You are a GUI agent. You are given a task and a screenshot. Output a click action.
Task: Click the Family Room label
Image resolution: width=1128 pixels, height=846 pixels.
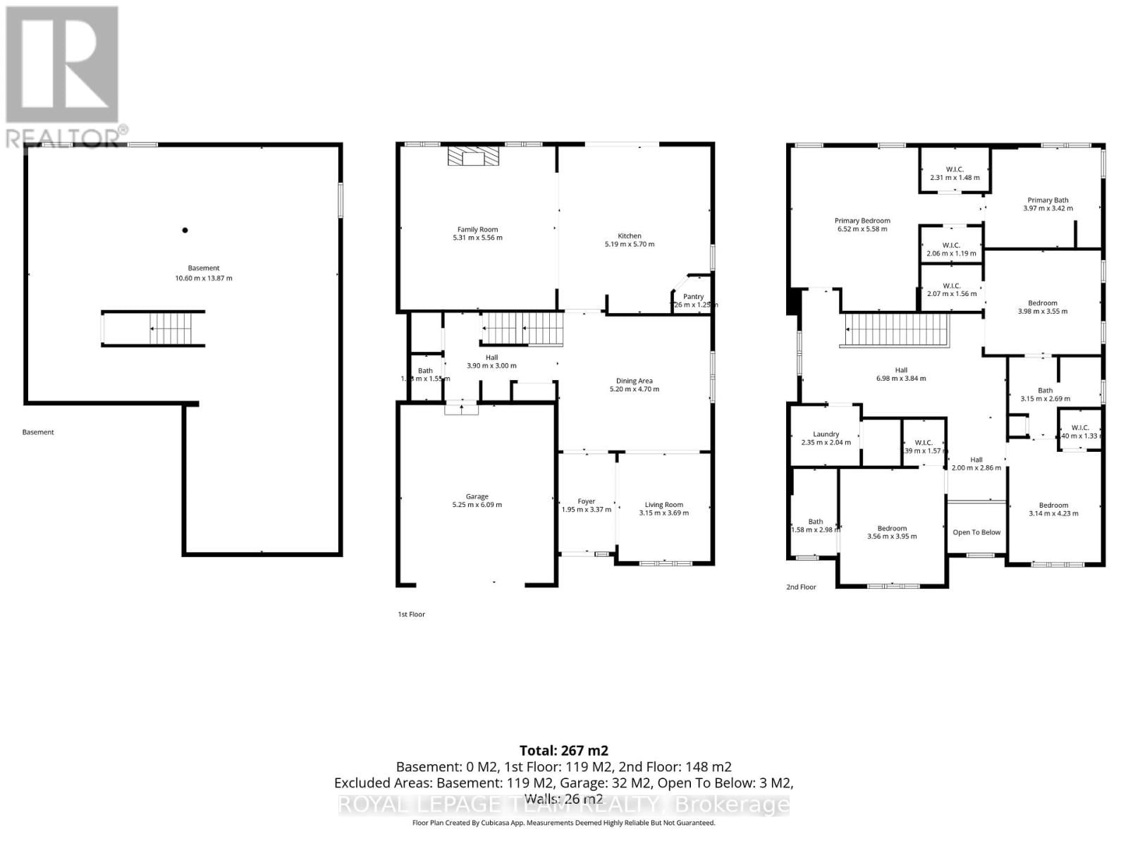click(x=477, y=229)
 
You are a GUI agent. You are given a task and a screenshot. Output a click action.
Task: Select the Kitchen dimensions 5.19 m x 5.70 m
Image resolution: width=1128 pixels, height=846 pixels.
click(x=629, y=245)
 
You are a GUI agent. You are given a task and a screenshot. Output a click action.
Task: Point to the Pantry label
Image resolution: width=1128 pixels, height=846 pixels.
click(x=693, y=297)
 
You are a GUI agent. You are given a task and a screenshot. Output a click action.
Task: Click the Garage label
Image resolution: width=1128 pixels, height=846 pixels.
click(x=477, y=496)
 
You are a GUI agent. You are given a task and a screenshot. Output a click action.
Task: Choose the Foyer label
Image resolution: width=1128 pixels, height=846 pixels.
click(x=586, y=501)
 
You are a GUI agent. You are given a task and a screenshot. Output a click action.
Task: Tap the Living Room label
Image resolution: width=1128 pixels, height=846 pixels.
click(x=663, y=505)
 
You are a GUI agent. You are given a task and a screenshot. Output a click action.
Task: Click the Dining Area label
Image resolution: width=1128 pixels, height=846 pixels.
click(x=634, y=381)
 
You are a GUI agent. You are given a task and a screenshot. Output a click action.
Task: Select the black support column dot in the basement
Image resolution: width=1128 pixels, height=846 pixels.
click(x=185, y=230)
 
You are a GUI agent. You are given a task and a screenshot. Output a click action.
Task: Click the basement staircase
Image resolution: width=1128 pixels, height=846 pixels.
click(x=170, y=329)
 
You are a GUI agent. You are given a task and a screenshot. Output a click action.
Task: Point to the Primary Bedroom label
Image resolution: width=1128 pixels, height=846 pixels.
click(x=862, y=221)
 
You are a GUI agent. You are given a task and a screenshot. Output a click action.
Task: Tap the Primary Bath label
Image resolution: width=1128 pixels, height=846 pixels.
click(x=1047, y=200)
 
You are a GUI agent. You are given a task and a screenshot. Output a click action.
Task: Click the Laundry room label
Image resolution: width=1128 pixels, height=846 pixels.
click(x=826, y=434)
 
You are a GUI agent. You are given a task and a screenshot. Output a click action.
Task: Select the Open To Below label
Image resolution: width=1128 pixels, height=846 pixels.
click(x=976, y=532)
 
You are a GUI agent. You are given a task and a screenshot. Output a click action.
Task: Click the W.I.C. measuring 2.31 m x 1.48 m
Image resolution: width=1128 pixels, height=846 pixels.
click(x=955, y=173)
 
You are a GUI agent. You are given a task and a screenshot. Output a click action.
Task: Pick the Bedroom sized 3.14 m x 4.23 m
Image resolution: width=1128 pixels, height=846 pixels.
click(x=1053, y=509)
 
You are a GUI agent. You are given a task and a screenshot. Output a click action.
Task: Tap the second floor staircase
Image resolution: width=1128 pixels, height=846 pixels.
click(x=895, y=330)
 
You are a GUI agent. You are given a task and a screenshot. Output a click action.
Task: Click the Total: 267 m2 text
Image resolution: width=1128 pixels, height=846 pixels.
click(x=563, y=750)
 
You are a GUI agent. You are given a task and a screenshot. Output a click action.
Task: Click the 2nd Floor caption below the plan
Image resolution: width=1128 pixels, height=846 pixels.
click(x=801, y=587)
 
